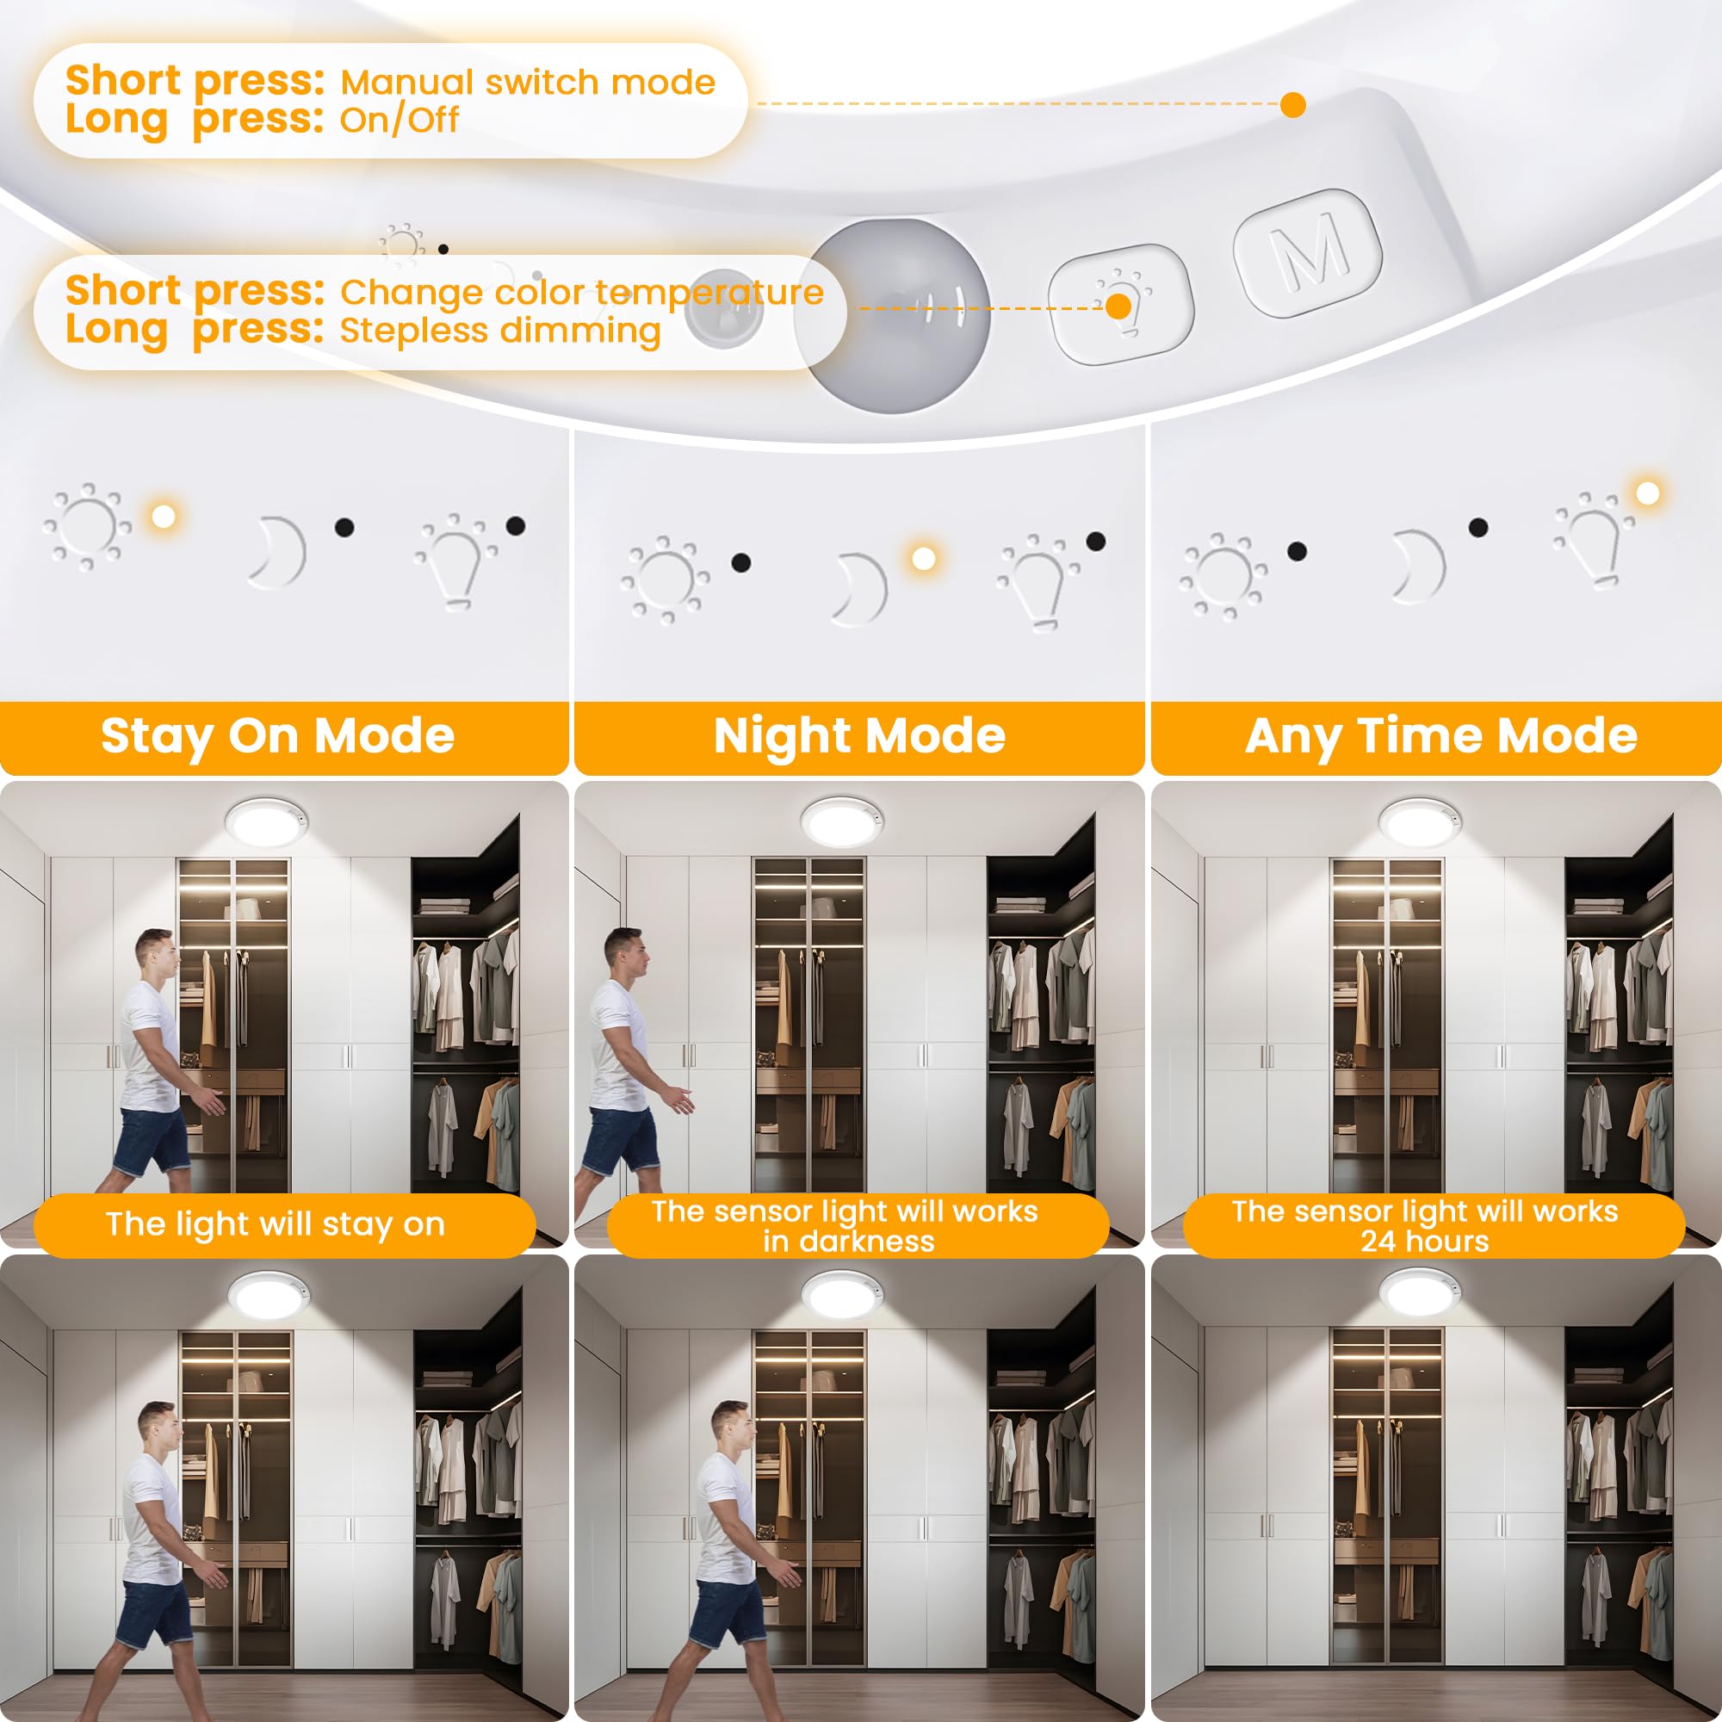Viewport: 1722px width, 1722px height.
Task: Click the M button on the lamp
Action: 1307,252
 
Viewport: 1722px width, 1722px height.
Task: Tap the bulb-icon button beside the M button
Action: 1120,304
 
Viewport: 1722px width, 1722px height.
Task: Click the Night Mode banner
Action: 859,736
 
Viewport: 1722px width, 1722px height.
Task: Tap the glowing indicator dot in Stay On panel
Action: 163,516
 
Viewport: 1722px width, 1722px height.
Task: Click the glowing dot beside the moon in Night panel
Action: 923,558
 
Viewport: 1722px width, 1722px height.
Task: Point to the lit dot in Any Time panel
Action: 1647,492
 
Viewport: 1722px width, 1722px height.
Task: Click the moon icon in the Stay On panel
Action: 279,552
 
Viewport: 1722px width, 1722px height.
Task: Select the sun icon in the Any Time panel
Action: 1223,575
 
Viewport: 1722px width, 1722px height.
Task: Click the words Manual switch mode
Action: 528,82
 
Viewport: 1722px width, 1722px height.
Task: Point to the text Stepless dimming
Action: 500,331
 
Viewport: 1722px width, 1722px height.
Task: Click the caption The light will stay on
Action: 275,1223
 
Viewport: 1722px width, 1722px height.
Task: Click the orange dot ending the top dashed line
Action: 1292,104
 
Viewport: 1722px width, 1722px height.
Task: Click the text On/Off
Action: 400,120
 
